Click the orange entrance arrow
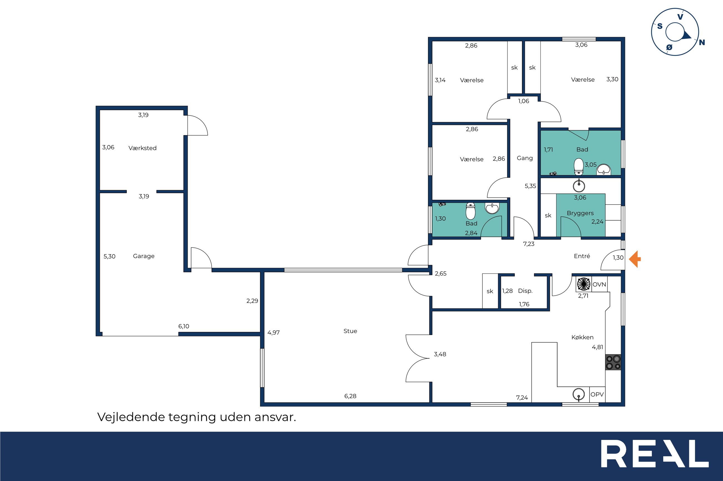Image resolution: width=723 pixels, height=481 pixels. [x=635, y=259]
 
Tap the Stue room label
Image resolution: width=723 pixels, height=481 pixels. [x=350, y=331]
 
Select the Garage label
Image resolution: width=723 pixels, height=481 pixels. [x=143, y=256]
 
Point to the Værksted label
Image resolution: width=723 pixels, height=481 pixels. [x=142, y=148]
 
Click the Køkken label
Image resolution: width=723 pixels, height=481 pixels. [x=582, y=337]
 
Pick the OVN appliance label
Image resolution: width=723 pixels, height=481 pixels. [x=599, y=284]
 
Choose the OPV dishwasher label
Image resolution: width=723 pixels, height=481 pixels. [x=597, y=394]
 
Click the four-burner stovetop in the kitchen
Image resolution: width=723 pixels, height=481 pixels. [x=613, y=362]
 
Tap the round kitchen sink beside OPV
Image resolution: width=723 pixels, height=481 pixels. [x=579, y=394]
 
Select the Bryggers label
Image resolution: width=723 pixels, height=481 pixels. [x=580, y=213]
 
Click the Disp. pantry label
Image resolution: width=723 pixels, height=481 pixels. [x=525, y=291]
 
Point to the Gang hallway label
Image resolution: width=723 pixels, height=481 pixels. [x=524, y=158]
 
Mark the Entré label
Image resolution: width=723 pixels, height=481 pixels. [x=582, y=256]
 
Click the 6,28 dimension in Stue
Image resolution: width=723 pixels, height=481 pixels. [x=350, y=396]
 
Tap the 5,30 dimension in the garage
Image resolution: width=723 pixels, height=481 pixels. [x=109, y=256]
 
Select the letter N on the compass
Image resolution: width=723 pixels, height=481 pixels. [x=702, y=42]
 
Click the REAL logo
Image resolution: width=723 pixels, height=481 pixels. [x=655, y=454]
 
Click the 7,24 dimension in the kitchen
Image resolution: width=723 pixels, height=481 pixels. [x=522, y=397]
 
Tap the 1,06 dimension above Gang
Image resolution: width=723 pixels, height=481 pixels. [x=524, y=101]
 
